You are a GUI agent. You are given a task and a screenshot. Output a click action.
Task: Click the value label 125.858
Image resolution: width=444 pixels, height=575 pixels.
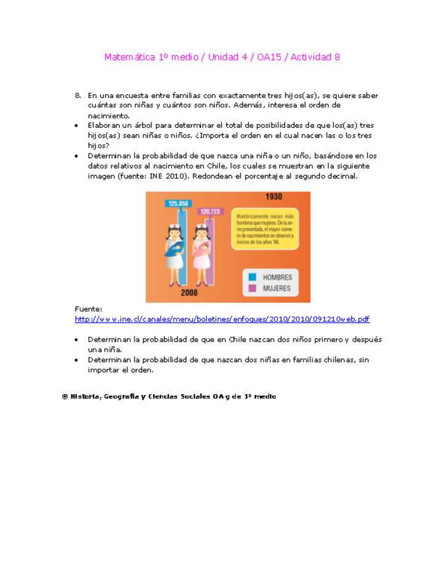[178, 203]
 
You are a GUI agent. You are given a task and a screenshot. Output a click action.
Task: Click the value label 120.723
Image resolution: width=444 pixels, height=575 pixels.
[210, 212]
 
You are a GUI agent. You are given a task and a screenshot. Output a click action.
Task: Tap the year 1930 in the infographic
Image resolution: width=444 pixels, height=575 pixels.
[274, 197]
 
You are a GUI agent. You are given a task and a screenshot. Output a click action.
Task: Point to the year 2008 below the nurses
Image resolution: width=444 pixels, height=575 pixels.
[189, 292]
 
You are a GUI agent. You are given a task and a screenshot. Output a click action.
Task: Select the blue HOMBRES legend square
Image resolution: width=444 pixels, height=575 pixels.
[252, 277]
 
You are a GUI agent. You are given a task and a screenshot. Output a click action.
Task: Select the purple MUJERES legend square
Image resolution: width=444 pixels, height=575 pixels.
[252, 288]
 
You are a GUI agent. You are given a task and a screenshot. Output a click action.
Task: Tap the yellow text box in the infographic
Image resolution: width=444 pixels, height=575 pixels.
[265, 228]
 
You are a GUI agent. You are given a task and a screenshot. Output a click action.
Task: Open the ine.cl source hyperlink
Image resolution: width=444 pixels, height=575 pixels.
[222, 319]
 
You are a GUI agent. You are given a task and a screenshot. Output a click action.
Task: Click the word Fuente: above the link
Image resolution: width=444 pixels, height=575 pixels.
[88, 308]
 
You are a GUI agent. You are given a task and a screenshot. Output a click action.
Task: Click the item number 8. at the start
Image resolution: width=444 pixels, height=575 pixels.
[78, 96]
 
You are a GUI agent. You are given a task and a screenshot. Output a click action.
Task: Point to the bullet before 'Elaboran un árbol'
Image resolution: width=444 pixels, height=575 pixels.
[76, 125]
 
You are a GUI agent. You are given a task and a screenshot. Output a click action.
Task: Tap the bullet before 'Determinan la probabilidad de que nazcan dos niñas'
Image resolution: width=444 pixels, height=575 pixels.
[76, 360]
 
